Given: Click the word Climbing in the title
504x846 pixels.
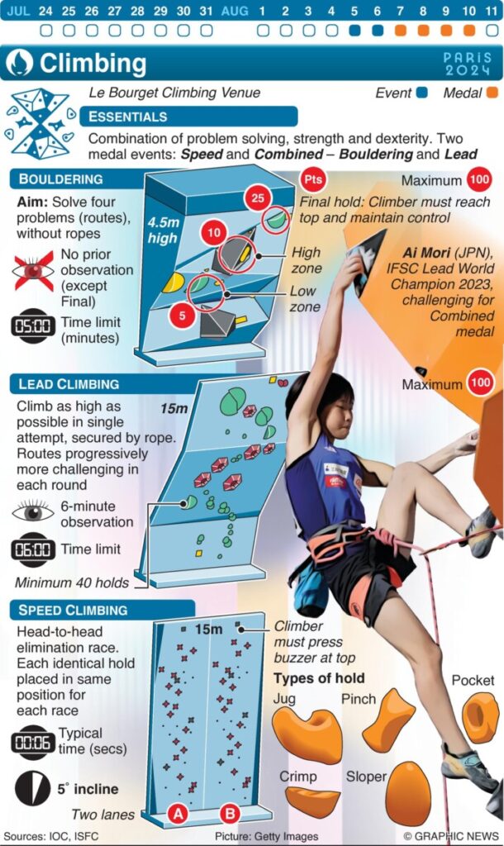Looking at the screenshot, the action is tap(93, 64).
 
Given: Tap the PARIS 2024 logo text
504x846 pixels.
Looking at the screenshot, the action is tap(468, 64).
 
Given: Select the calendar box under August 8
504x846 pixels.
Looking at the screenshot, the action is tap(423, 31).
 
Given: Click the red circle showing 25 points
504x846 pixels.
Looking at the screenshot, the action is tap(258, 198).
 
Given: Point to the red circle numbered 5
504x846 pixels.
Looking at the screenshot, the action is tap(183, 315).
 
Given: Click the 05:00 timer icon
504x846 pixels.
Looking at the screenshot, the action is tap(33, 326).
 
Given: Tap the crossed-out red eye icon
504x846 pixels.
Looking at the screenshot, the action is tap(33, 271).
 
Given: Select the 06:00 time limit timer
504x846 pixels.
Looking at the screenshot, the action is tap(33, 549).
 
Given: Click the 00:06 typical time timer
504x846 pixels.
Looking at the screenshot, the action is tap(33, 743).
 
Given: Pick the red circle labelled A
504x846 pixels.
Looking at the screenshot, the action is tap(178, 814).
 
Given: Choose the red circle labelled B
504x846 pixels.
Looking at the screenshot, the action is tap(230, 814).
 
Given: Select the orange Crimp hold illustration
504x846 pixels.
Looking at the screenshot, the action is tap(313, 801).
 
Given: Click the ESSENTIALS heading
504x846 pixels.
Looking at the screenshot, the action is tap(128, 116).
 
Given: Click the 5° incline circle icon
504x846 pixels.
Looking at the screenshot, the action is tap(32, 788).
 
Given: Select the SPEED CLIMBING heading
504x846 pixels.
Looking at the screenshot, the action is tap(73, 611).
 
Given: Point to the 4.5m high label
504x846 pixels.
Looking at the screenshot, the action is tap(163, 230).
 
